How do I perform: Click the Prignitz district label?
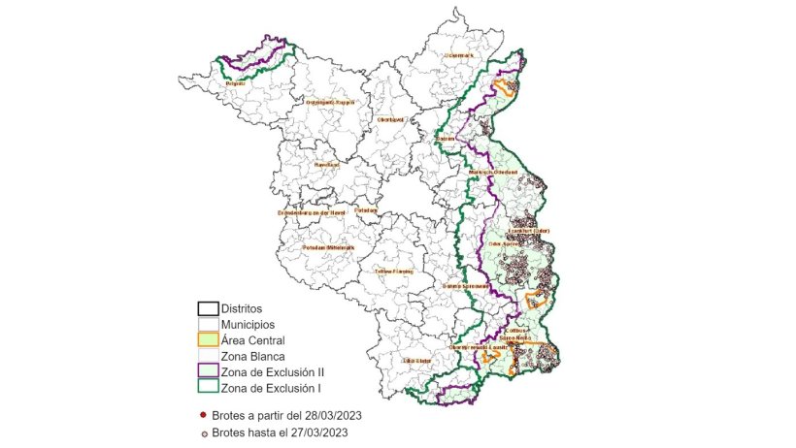click(x=234, y=84)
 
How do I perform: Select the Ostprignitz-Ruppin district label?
click(x=330, y=102)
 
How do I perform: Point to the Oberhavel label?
click(x=389, y=120)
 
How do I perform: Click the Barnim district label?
click(x=446, y=139)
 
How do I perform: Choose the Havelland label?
click(x=326, y=165)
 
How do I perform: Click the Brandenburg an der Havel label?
click(x=312, y=212)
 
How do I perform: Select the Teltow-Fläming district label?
click(x=393, y=272)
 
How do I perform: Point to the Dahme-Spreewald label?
click(x=465, y=286)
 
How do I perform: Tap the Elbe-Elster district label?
click(x=416, y=361)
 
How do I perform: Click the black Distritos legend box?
click(x=207, y=308)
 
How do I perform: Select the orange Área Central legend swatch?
click(x=207, y=339)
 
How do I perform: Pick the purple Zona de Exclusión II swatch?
click(x=207, y=371)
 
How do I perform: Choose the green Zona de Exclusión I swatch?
click(x=207, y=388)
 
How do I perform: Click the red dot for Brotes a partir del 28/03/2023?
click(x=202, y=414)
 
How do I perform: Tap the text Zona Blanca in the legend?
click(x=252, y=356)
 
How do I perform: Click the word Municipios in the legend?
click(x=248, y=324)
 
